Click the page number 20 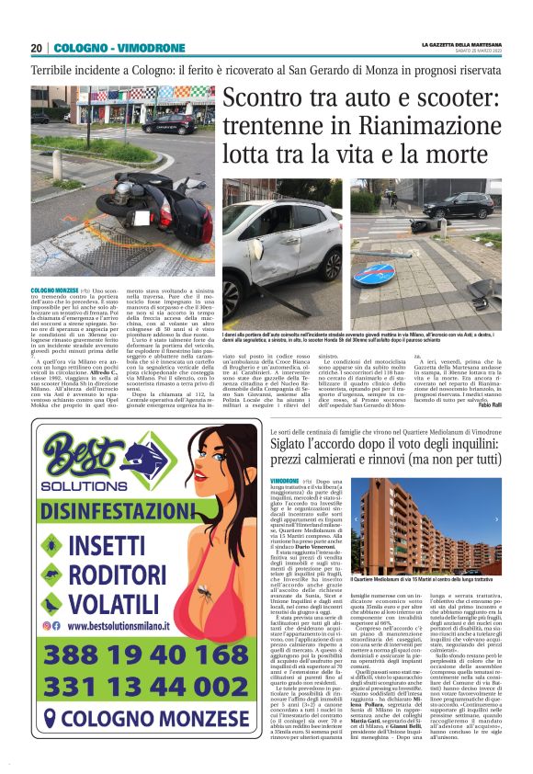point(36,47)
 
